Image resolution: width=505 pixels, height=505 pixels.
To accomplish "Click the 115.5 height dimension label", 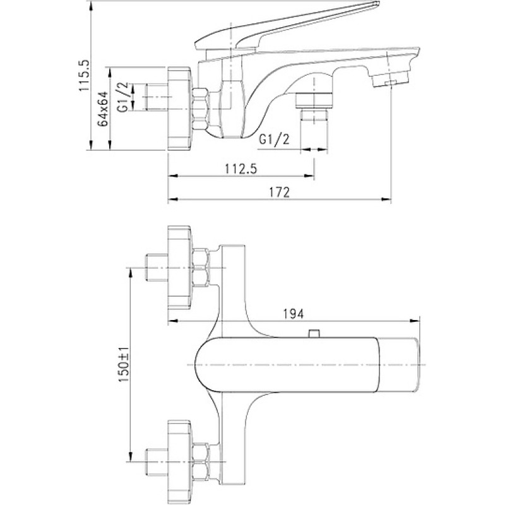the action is tap(85, 75).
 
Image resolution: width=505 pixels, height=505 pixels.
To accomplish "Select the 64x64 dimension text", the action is tap(103, 109).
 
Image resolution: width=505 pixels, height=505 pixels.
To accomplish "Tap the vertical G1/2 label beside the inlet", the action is tap(122, 97).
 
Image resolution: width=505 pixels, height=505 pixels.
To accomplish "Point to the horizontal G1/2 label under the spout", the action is tap(275, 140).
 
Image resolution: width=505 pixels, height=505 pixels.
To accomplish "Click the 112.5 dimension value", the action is tap(241, 169).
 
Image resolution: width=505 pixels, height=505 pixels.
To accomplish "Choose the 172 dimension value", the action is tap(279, 192).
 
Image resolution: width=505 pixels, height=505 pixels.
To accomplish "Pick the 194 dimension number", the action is tap(293, 313).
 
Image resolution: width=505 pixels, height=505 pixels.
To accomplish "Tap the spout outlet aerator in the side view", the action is tap(389, 80).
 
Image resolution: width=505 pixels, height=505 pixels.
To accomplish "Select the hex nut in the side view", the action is tap(200, 109).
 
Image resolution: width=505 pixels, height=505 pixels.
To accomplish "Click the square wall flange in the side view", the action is tap(180, 108).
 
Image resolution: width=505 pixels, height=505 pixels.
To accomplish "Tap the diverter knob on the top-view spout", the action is tap(314, 333).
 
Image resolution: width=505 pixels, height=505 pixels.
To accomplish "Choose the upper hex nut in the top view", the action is tap(200, 267).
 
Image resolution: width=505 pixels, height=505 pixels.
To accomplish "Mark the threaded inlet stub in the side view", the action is tap(157, 97).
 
